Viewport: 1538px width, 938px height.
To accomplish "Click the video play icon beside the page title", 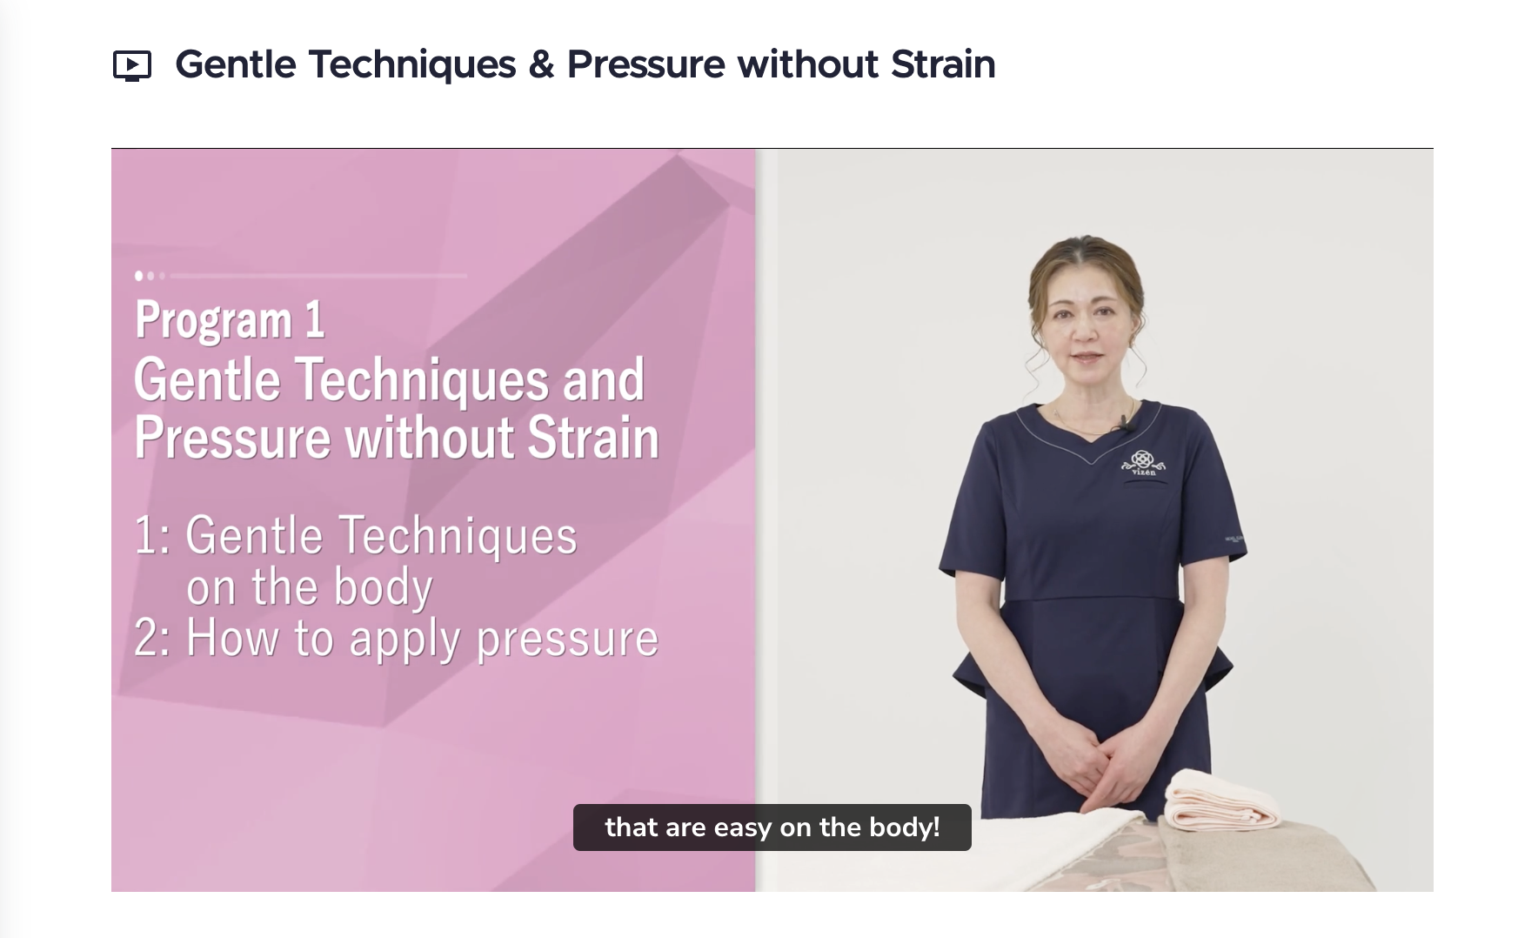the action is tap(132, 66).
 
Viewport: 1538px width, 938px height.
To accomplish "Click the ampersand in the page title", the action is tap(541, 65).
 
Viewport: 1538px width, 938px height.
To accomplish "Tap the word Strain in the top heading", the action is tap(943, 64).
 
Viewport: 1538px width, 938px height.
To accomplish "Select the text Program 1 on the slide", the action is tap(231, 320).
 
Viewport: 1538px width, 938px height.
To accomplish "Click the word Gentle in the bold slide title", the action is tap(208, 380).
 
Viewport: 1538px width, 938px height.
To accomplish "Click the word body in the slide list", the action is tap(384, 587).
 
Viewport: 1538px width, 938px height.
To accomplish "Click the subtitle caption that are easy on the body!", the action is tap(772, 827).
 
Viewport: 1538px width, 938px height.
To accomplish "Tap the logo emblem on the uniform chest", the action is tap(1143, 462).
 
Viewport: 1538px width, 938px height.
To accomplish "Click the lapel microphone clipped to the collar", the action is tap(1125, 423).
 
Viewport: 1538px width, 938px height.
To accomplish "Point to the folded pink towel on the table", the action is tap(1222, 798).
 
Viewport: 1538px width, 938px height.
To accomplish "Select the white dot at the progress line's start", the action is tap(138, 276).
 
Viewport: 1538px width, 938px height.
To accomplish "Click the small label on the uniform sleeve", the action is tap(1234, 540).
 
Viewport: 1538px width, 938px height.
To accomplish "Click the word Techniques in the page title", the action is tap(412, 65).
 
